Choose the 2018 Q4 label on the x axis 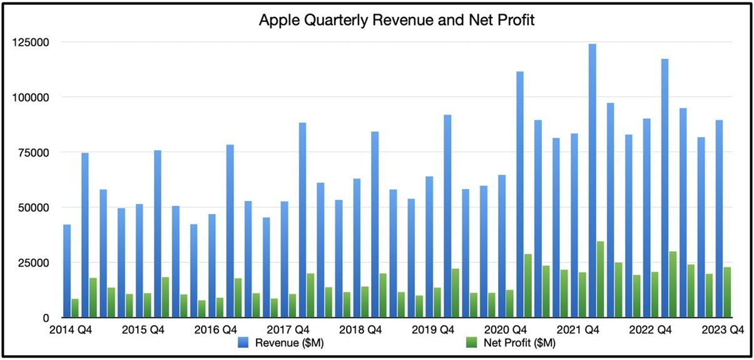pos(360,329)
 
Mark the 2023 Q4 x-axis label pos(722,329)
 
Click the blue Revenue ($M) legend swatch pos(245,342)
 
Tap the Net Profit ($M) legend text pos(520,342)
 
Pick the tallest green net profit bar pos(600,279)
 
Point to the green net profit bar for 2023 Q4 pos(728,292)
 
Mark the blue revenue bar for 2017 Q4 pos(302,220)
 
